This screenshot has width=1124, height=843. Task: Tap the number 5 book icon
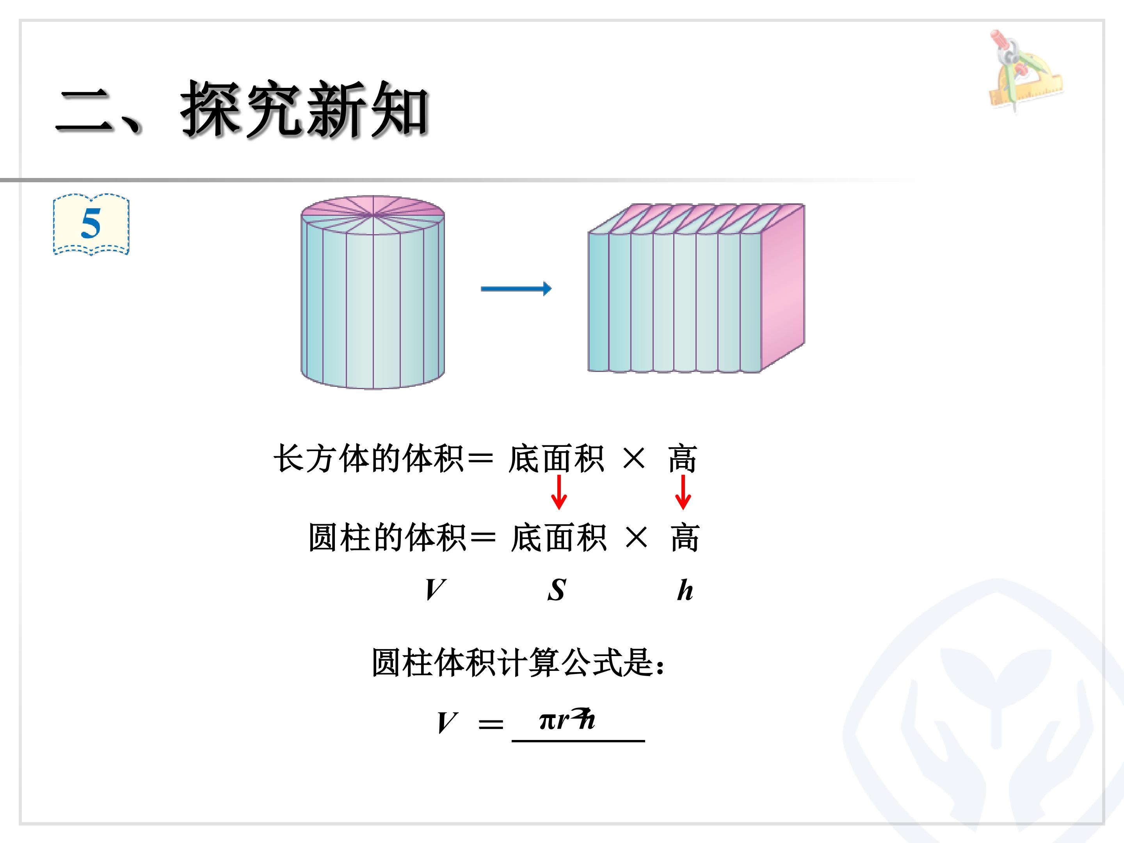click(x=91, y=224)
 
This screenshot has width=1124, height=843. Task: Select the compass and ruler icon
click(x=1025, y=71)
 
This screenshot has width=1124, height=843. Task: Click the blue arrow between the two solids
click(x=516, y=289)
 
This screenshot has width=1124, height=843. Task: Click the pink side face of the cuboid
click(x=783, y=287)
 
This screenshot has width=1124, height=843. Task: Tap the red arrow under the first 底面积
click(x=558, y=492)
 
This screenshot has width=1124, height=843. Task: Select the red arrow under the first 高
click(x=683, y=492)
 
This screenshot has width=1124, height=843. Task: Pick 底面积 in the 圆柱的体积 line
click(x=558, y=538)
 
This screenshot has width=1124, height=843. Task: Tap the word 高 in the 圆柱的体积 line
click(x=685, y=538)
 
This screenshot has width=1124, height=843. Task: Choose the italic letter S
click(x=557, y=590)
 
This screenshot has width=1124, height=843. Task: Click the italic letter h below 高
click(x=685, y=590)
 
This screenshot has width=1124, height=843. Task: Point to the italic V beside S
click(x=436, y=590)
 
